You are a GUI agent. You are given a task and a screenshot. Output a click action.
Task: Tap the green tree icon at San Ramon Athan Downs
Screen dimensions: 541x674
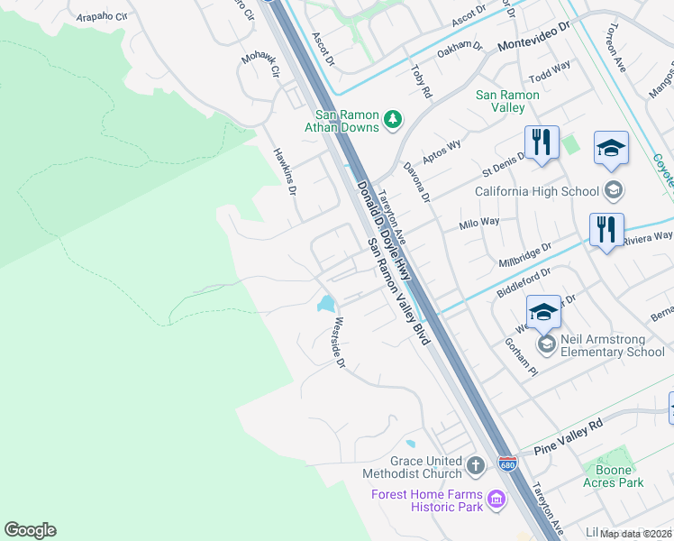(393, 119)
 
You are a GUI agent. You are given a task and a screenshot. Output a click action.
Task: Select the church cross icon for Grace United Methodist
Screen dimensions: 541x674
(476, 466)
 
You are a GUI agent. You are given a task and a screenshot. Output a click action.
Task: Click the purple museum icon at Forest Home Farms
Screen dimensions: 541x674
(495, 499)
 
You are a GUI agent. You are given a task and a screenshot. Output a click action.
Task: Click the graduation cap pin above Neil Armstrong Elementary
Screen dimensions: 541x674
(543, 312)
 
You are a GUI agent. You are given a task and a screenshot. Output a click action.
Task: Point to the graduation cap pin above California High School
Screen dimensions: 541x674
(611, 149)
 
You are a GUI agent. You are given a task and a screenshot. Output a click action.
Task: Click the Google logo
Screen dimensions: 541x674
(30, 530)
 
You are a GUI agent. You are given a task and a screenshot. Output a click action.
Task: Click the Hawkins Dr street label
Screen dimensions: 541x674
(286, 171)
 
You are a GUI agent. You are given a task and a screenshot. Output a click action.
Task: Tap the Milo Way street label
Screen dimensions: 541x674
(478, 223)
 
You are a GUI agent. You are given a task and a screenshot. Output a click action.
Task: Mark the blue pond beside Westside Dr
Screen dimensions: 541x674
(325, 304)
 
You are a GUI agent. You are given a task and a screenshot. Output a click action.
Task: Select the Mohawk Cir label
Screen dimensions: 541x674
(260, 66)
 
